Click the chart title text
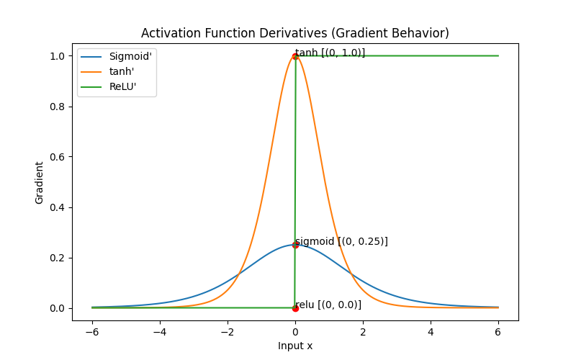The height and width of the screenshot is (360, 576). [295, 33]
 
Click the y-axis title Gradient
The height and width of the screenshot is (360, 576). [40, 182]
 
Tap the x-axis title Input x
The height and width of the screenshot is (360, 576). [295, 346]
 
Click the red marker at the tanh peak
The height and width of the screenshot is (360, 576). [295, 56]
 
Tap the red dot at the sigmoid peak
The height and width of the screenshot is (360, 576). [295, 245]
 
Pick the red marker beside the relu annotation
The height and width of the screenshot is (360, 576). [295, 308]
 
